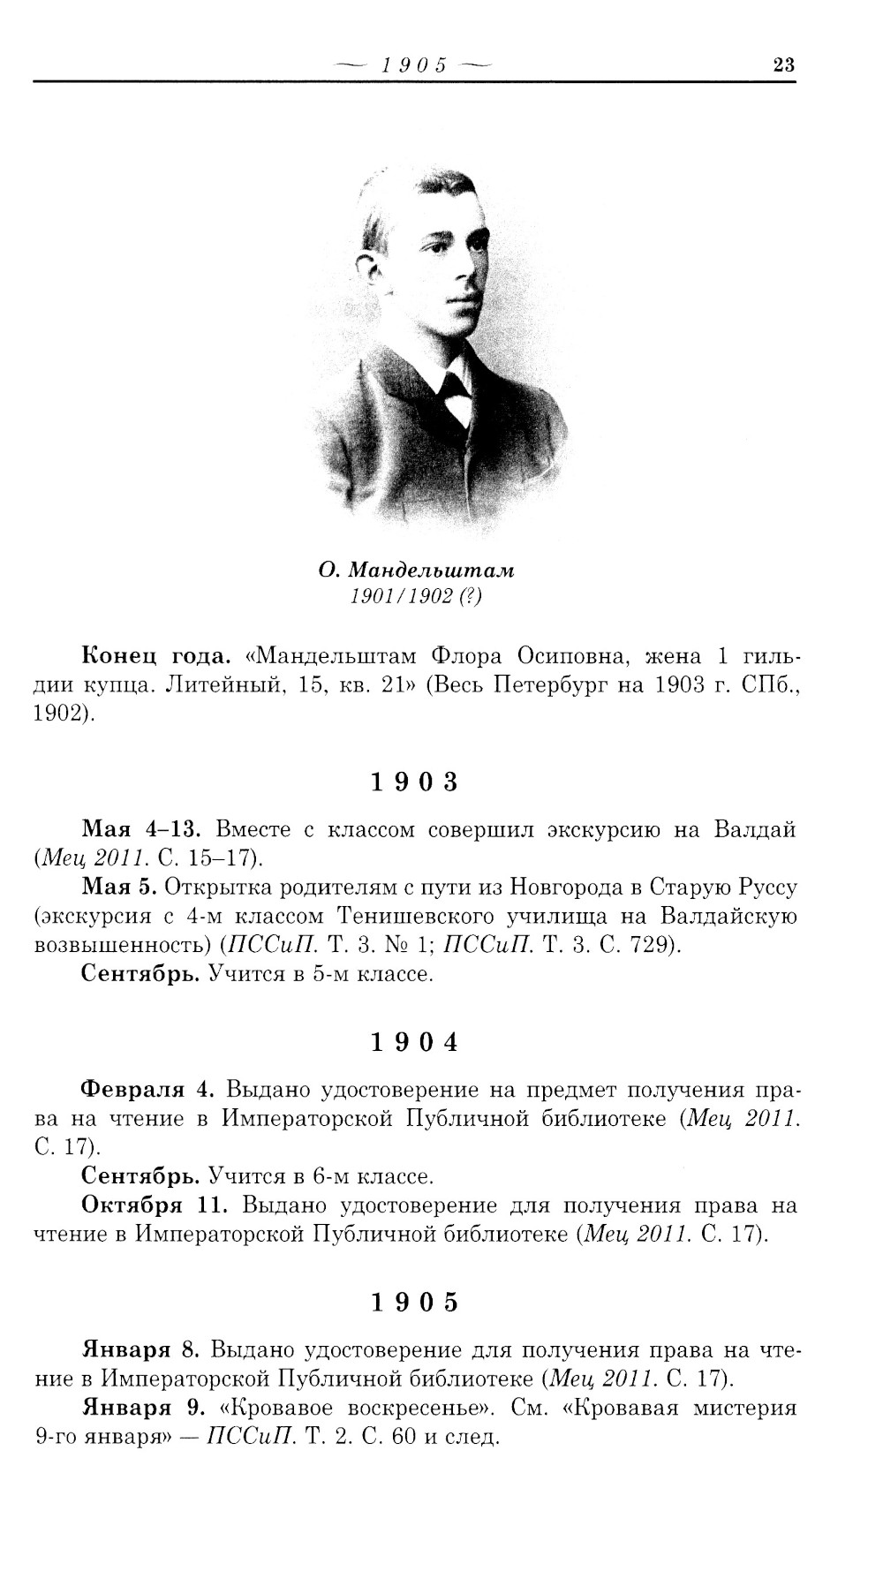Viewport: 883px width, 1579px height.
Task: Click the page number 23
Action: coord(783,64)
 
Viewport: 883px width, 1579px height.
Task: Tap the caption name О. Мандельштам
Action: coord(417,570)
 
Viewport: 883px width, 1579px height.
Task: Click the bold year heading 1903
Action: coord(415,782)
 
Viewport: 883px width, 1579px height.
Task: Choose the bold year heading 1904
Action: coord(415,1042)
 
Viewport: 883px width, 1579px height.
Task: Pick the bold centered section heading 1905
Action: coord(415,1303)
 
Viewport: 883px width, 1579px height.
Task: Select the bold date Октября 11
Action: coord(155,1205)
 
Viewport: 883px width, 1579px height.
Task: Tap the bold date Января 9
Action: coord(143,1408)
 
